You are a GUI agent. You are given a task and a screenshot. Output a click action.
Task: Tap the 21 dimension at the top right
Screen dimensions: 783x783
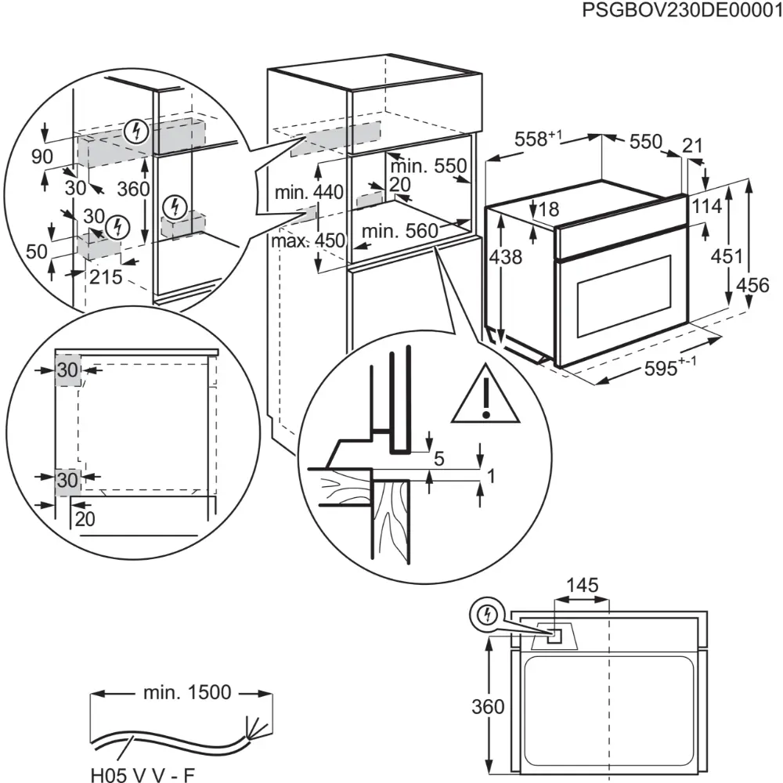[693, 146]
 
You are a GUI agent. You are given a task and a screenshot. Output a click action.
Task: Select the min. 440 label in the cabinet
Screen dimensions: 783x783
[309, 193]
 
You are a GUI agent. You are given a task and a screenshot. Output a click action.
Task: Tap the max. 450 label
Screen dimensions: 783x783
[308, 240]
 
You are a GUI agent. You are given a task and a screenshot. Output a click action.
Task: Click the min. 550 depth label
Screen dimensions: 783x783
[428, 166]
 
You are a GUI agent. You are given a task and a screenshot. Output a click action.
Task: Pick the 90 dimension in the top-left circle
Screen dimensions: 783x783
[42, 157]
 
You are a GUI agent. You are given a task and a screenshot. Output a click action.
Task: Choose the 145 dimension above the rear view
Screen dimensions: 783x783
[582, 585]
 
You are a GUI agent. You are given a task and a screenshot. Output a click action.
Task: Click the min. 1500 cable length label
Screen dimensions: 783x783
[187, 692]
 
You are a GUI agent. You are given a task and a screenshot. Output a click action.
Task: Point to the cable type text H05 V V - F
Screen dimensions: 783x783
[142, 774]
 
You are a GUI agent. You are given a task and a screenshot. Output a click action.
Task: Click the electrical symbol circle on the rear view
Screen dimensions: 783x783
[488, 615]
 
